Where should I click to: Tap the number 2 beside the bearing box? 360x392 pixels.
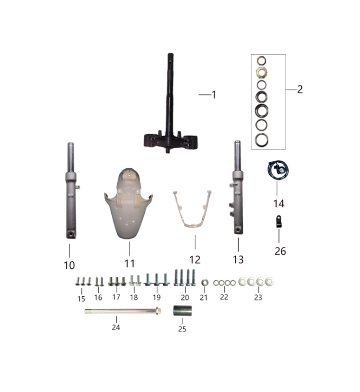(x=300, y=89)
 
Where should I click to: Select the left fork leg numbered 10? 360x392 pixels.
(x=71, y=191)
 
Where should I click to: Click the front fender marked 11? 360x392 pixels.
(x=128, y=207)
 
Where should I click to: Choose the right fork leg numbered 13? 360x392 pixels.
(x=238, y=189)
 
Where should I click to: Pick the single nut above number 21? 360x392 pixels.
(x=204, y=283)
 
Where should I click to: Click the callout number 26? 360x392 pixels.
(x=280, y=251)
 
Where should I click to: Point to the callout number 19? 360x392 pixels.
(x=156, y=297)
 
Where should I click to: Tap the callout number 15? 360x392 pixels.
(x=81, y=299)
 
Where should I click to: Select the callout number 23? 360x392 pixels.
(x=258, y=297)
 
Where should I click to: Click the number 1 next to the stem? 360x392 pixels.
(x=214, y=95)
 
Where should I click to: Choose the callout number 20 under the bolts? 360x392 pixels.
(x=185, y=297)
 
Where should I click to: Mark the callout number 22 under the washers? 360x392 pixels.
(x=224, y=297)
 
